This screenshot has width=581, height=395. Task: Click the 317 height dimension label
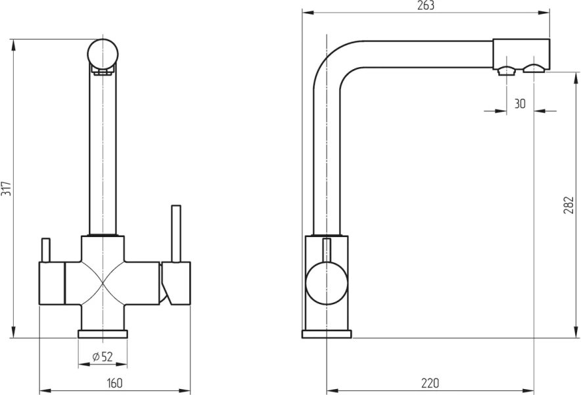coord(6,189)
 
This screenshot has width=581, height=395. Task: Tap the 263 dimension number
coord(426,5)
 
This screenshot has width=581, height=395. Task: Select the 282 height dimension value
coord(569,205)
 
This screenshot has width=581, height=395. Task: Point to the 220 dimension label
coord(430,382)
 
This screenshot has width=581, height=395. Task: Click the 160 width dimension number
coord(114,382)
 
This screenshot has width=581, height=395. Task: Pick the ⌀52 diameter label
coord(103,357)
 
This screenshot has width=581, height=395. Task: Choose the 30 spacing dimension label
coord(520,103)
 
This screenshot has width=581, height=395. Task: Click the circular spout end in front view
coord(103,54)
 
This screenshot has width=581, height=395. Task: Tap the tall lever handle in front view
coord(175,234)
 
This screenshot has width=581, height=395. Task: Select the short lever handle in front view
coord(45,250)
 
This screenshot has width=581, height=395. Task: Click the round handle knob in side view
coord(327,283)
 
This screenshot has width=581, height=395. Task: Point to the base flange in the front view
coord(103,334)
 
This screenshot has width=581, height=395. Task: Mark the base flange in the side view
coord(327,334)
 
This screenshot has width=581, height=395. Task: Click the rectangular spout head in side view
coord(521,54)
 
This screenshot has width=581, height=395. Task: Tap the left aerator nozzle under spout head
coord(507,70)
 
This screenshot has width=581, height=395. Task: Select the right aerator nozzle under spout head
coord(534,68)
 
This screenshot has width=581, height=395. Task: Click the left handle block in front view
coord(52,283)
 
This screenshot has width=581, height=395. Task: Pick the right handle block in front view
coord(176,283)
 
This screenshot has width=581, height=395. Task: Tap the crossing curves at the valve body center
coord(103,283)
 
